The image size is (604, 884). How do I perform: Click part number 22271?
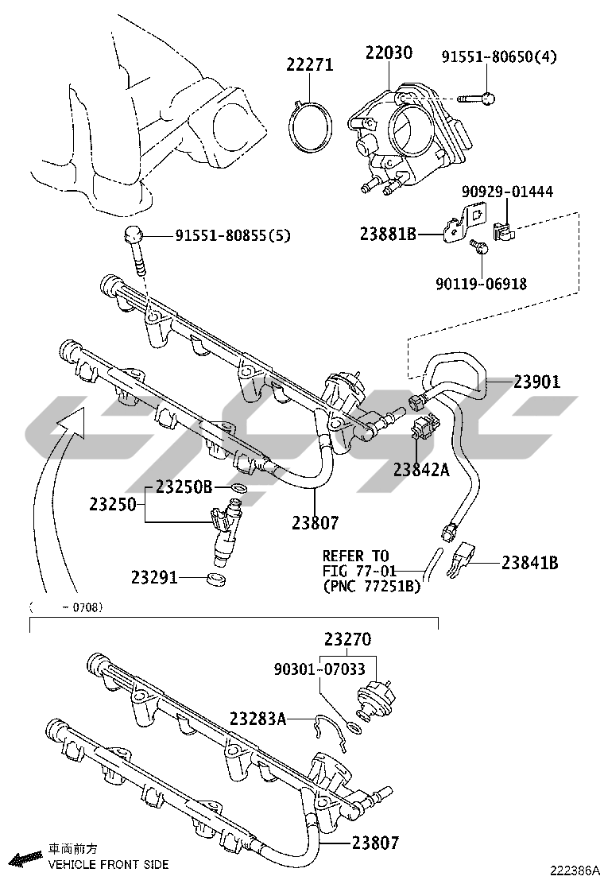pos(310,65)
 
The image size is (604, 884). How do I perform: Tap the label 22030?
pos(389,53)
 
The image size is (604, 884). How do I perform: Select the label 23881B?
pos(387,235)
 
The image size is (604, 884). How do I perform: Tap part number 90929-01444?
pos(508,192)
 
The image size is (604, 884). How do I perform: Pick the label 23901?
pos(536,382)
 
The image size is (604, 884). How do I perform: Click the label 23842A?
pos(421,469)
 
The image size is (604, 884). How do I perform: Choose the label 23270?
pos(347,638)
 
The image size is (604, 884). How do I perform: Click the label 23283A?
pos(257,719)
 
